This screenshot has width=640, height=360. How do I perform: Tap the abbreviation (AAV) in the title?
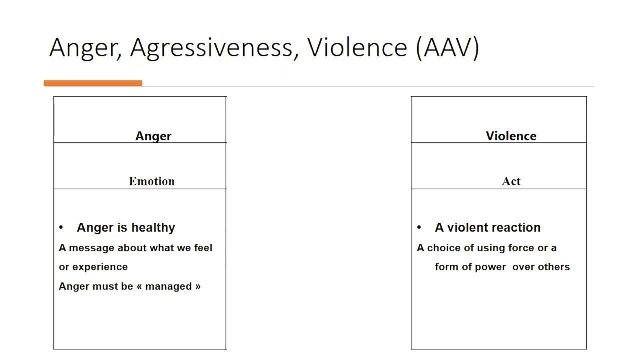[447, 48]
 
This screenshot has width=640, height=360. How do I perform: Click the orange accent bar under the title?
[93, 83]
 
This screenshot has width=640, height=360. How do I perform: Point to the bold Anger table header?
[153, 136]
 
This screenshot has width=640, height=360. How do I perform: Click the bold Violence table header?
[511, 136]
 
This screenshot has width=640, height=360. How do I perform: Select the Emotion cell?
[152, 181]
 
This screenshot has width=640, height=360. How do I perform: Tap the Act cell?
[511, 181]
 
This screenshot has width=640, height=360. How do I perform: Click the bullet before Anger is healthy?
[61, 228]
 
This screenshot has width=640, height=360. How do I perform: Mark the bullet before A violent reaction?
[419, 228]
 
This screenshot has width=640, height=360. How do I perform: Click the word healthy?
[153, 228]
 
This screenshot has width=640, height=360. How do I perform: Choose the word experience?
[100, 267]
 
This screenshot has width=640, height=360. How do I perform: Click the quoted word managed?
[169, 286]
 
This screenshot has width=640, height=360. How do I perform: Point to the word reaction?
[517, 228]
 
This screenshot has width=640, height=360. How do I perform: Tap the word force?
[521, 248]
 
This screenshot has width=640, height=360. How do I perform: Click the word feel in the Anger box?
[202, 248]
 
